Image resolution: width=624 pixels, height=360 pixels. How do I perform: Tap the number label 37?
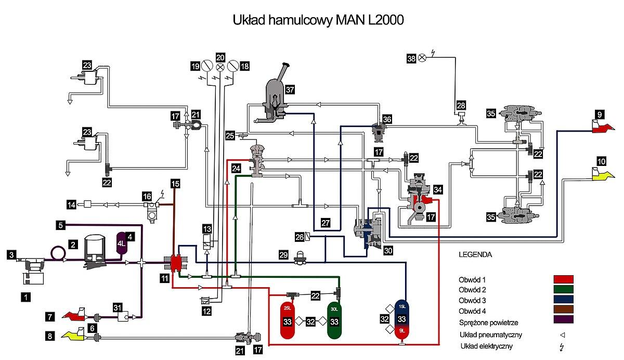[x=290, y=89]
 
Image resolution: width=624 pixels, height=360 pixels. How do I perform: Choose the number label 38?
[x=411, y=59]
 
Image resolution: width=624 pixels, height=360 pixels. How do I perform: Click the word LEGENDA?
[x=475, y=255]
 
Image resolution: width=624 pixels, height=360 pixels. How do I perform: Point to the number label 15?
[x=175, y=184]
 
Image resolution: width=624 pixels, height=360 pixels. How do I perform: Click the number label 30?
[x=388, y=250]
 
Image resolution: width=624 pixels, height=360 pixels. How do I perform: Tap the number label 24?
[x=237, y=169]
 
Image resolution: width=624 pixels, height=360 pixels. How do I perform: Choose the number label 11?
[x=164, y=279]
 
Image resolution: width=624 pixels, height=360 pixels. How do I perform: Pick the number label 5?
[x=60, y=225]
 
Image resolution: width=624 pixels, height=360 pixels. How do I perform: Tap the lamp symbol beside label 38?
[x=422, y=58]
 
